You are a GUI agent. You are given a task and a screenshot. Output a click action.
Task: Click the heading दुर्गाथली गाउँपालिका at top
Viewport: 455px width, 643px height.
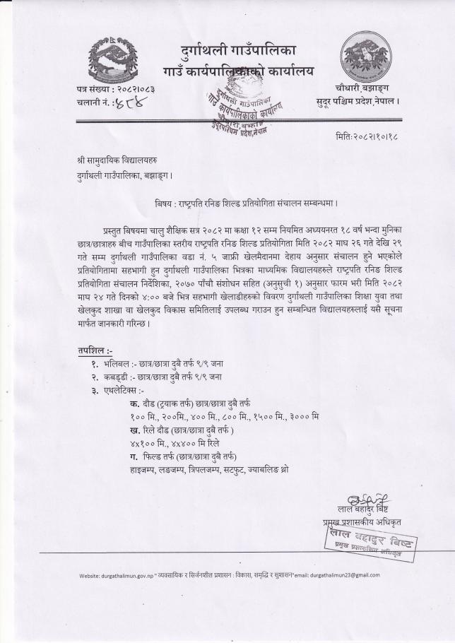point(239,51)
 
